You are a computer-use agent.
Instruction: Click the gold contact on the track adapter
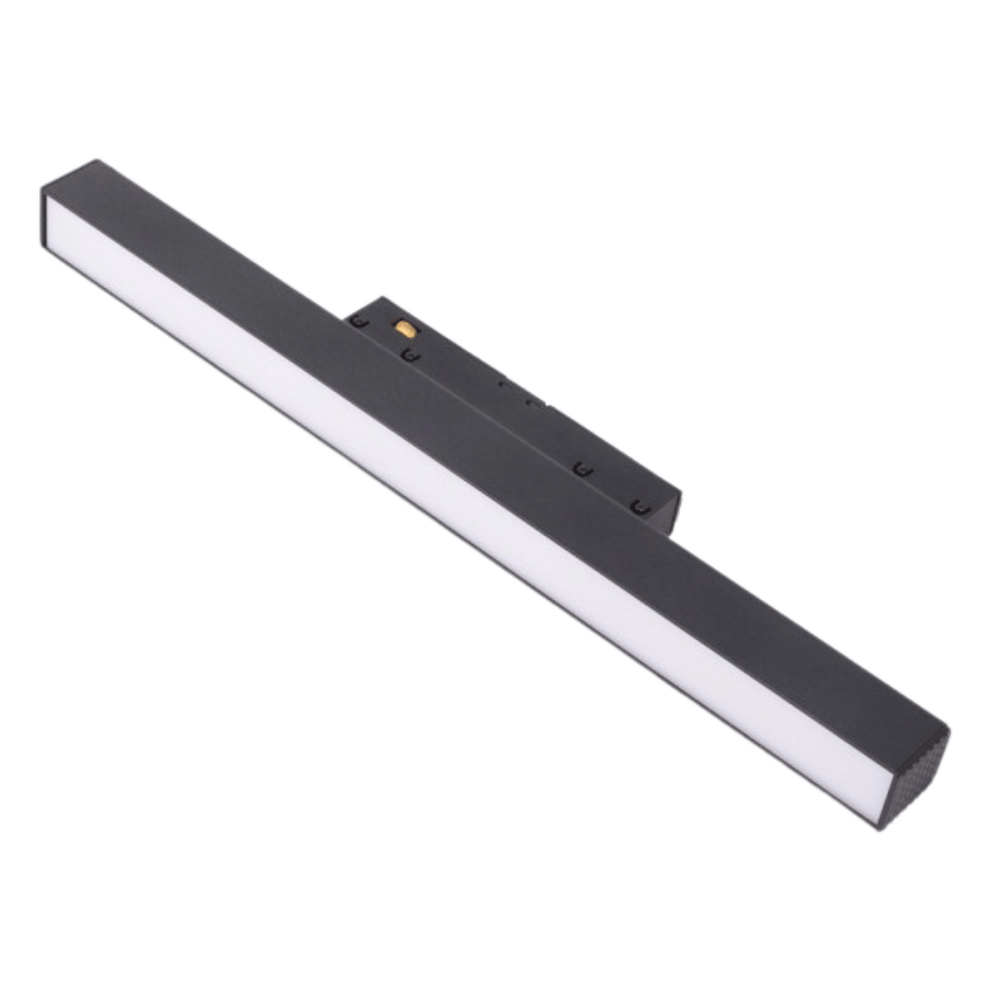(x=401, y=327)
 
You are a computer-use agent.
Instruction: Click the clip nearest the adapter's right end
(x=638, y=507)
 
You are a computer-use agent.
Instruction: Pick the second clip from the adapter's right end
(x=582, y=470)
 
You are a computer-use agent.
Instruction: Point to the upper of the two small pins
(x=504, y=383)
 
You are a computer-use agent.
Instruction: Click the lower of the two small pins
(x=530, y=401)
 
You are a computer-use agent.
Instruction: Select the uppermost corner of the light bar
(x=97, y=160)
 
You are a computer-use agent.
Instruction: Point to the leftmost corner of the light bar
(x=42, y=188)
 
